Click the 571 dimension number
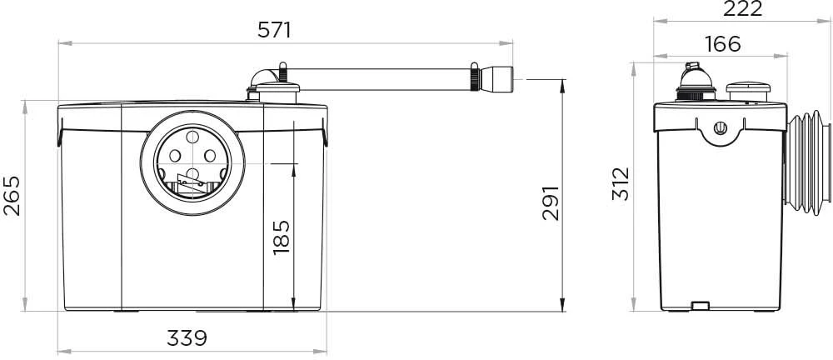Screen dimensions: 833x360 pyautogui.click(x=274, y=30)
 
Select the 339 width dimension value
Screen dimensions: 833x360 pyautogui.click(x=187, y=337)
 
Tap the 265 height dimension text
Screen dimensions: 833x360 pyautogui.click(x=12, y=196)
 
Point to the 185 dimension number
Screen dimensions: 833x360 pyautogui.click(x=281, y=237)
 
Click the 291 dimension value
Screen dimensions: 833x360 pyautogui.click(x=551, y=203)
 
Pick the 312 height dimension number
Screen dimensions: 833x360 pyautogui.click(x=621, y=184)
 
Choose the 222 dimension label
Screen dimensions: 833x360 pyautogui.click(x=743, y=8)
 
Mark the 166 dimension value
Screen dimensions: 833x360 pyautogui.click(x=723, y=45)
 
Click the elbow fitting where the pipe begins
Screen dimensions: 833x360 pyautogui.click(x=264, y=77)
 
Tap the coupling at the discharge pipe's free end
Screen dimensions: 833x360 pyautogui.click(x=496, y=79)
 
